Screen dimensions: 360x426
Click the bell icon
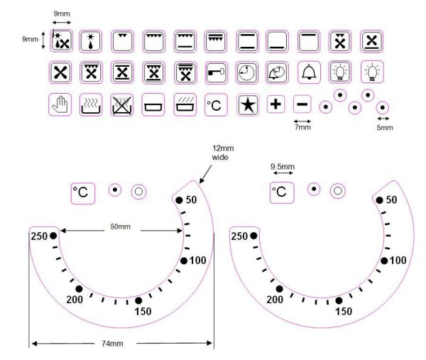(x=307, y=72)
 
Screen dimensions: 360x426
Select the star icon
(x=246, y=104)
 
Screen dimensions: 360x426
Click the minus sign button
(x=302, y=104)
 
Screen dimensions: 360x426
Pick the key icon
(x=215, y=72)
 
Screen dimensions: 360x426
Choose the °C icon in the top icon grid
(x=214, y=104)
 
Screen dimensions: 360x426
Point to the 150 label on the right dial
(x=343, y=311)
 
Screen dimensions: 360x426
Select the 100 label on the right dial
(x=398, y=261)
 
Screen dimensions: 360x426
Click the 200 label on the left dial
(x=75, y=300)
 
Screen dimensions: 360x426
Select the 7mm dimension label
(x=302, y=127)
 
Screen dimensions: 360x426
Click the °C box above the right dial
(x=282, y=192)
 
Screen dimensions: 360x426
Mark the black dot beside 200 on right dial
(x=280, y=289)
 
